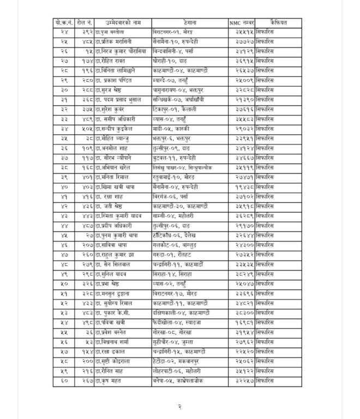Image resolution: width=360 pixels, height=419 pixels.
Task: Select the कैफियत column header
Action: (279, 22)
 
